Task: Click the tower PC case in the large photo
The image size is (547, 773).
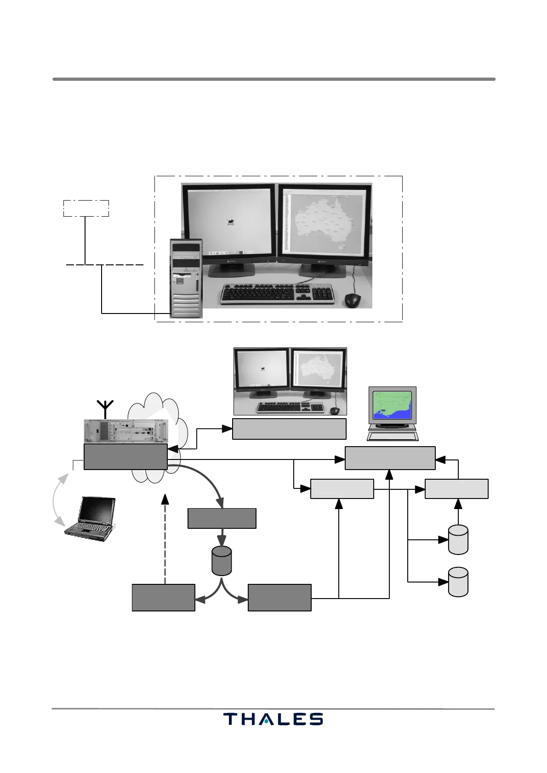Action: (x=186, y=278)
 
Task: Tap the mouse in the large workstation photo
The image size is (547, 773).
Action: (x=353, y=300)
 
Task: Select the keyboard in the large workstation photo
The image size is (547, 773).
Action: (x=277, y=294)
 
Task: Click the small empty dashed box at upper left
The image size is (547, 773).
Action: (x=86, y=208)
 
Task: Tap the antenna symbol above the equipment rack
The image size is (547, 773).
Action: (x=106, y=409)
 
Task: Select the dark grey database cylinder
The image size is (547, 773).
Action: (x=222, y=560)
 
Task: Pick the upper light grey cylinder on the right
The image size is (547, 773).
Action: (x=458, y=539)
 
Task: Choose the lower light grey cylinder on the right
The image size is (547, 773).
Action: (x=458, y=582)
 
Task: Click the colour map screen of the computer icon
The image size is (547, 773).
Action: (x=392, y=405)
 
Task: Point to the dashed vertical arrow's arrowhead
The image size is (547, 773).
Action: (x=165, y=499)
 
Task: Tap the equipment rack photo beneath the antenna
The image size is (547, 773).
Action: (x=125, y=431)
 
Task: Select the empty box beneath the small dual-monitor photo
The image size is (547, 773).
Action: (x=289, y=429)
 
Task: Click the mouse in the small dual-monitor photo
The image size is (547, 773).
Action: (x=335, y=410)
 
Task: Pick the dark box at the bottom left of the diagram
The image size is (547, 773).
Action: (x=163, y=597)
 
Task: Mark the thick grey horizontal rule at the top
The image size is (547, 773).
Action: (x=273, y=79)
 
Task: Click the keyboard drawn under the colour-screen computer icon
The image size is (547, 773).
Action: (x=393, y=436)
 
